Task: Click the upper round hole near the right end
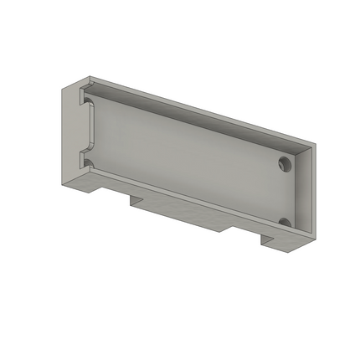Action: coord(285,163)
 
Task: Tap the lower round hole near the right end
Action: coord(285,222)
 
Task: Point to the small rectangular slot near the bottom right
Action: coord(267,239)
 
